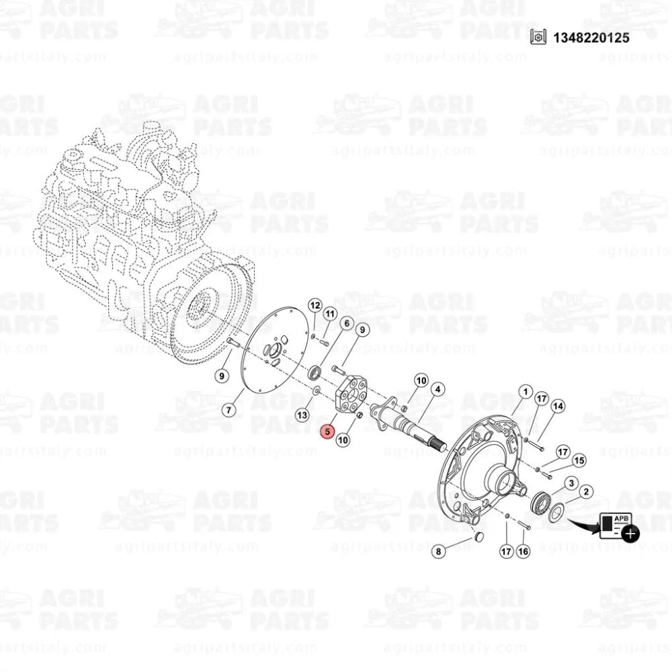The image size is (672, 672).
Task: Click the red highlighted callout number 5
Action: coord(327,432)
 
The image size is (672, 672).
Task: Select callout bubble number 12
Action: coord(314,306)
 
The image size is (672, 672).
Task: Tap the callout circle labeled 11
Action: coord(330,314)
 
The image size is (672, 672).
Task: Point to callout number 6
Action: coord(346,323)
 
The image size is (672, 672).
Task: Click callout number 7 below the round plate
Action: coord(229,409)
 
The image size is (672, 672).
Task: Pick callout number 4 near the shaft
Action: coord(437,389)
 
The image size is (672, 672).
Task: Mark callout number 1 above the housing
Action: coord(524,391)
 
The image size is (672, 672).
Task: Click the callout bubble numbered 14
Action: coord(557,407)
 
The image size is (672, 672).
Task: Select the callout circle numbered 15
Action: coord(579,460)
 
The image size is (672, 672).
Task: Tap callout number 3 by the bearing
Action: coord(571,483)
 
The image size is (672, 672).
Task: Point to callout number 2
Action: coord(585,492)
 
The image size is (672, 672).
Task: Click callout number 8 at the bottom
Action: coord(438,552)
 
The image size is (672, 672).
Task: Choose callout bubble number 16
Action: coord(523,551)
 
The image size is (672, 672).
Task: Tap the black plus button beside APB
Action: coord(630,534)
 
